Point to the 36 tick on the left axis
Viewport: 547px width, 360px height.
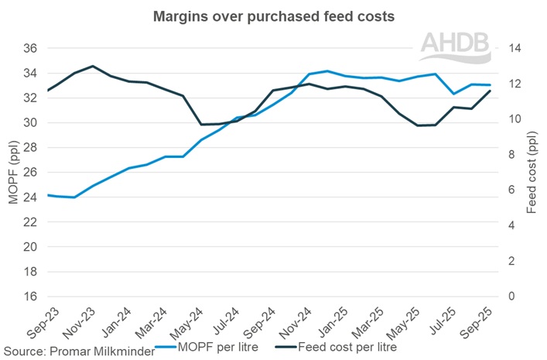click(30, 48)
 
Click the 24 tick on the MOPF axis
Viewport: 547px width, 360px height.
click(30, 197)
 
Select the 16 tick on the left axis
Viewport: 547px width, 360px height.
click(30, 297)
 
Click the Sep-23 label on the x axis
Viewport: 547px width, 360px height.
click(36, 318)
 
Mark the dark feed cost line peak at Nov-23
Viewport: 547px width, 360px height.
click(93, 67)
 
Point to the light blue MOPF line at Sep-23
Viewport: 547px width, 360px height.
click(49, 195)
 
